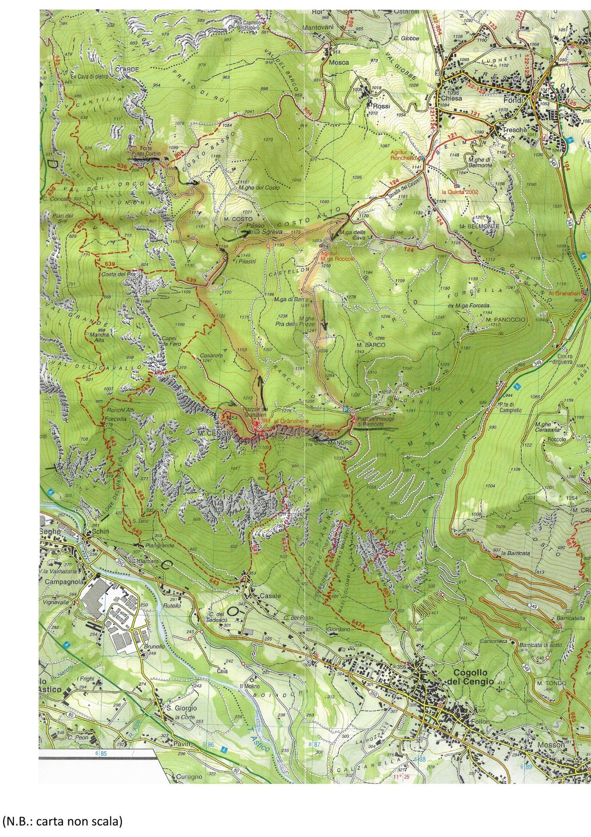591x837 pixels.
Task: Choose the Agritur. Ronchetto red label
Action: click(x=402, y=156)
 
